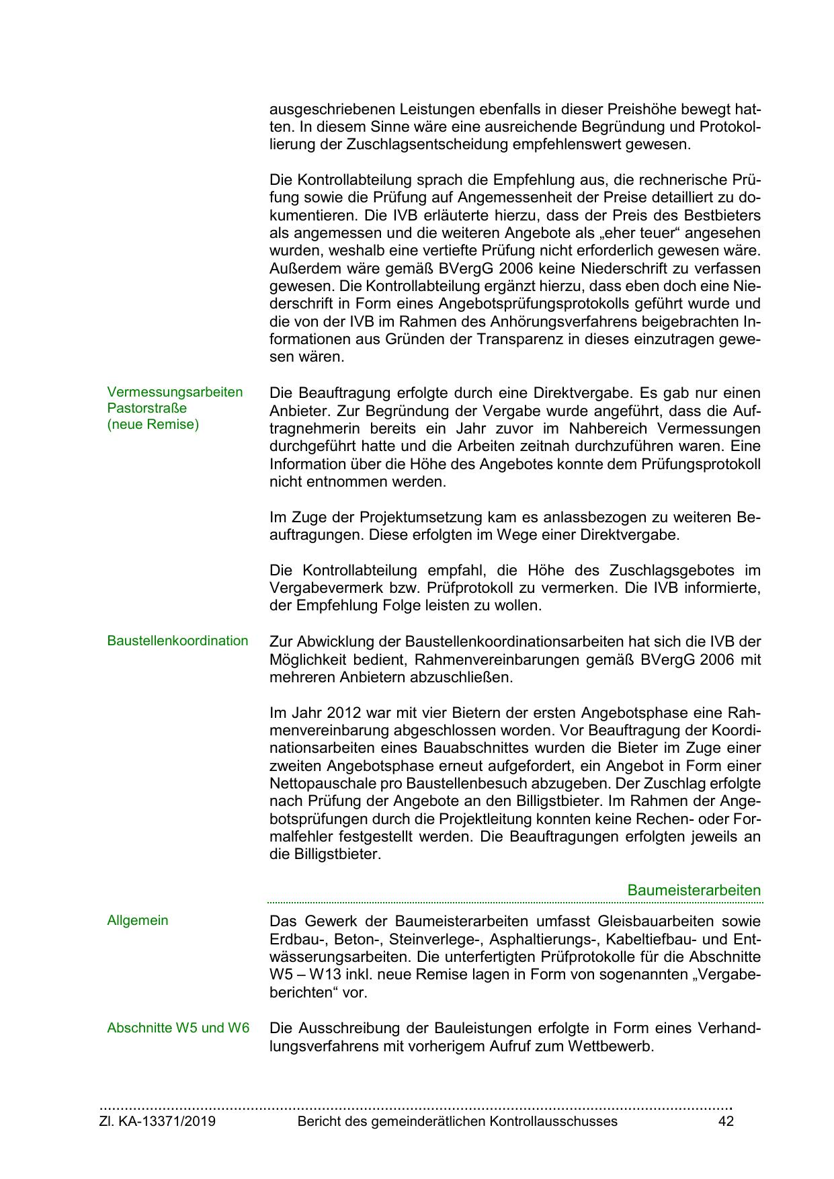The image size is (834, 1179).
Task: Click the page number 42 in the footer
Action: click(725, 1121)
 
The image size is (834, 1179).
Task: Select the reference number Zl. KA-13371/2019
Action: click(157, 1121)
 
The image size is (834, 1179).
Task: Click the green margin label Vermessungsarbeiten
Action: click(175, 392)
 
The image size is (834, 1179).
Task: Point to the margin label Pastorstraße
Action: click(147, 408)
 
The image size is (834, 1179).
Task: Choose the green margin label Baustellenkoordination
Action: click(177, 641)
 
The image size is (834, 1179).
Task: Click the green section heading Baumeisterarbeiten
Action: click(694, 890)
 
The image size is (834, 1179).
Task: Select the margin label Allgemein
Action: click(138, 920)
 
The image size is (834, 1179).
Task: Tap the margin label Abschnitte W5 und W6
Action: click(178, 1028)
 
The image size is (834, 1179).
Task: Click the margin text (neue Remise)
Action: click(153, 425)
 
